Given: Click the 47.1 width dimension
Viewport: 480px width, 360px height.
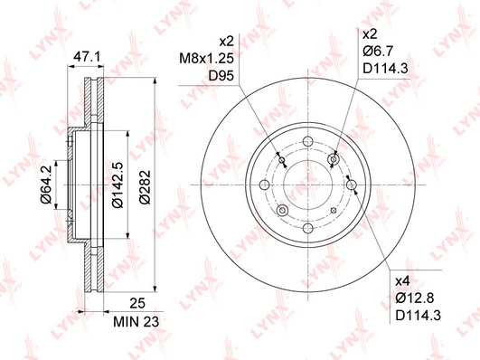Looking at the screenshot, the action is point(87,57).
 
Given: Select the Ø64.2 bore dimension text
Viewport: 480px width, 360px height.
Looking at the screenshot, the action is point(45,185).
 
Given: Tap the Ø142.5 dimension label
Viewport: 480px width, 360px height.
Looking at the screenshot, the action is point(118,185).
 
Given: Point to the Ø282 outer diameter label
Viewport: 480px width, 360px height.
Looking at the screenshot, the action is point(146,187).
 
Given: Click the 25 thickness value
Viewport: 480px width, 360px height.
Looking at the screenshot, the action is point(137,303).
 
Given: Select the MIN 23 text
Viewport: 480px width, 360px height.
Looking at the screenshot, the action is point(136,322).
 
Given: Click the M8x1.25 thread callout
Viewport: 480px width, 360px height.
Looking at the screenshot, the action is point(206,58).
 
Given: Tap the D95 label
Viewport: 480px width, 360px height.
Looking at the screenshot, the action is point(221,76).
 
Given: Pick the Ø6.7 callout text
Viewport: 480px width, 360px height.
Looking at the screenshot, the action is point(378,51).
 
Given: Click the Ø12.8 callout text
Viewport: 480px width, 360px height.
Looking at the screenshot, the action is point(415,298).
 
